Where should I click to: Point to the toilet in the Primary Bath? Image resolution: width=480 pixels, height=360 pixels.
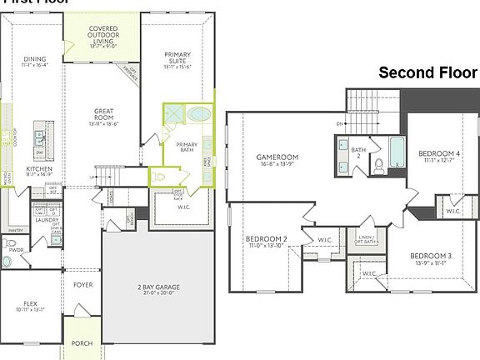coord(161,176)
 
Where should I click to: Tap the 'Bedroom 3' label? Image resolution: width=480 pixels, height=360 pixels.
coord(431,256)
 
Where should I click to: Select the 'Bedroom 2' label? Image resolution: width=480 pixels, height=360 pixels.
coord(266,240)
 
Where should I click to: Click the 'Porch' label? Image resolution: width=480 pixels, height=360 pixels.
coord(82,342)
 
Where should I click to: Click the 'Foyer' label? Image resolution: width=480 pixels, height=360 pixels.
coord(82,285)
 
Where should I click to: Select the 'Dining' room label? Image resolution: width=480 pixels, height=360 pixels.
coord(35,59)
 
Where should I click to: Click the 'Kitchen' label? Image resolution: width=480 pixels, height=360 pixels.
coord(39,168)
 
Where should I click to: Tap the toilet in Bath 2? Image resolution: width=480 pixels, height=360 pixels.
coord(376,165)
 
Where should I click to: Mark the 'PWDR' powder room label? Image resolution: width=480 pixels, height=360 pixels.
coord(14,248)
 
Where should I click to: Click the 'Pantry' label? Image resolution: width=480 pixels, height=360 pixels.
coord(14,229)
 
